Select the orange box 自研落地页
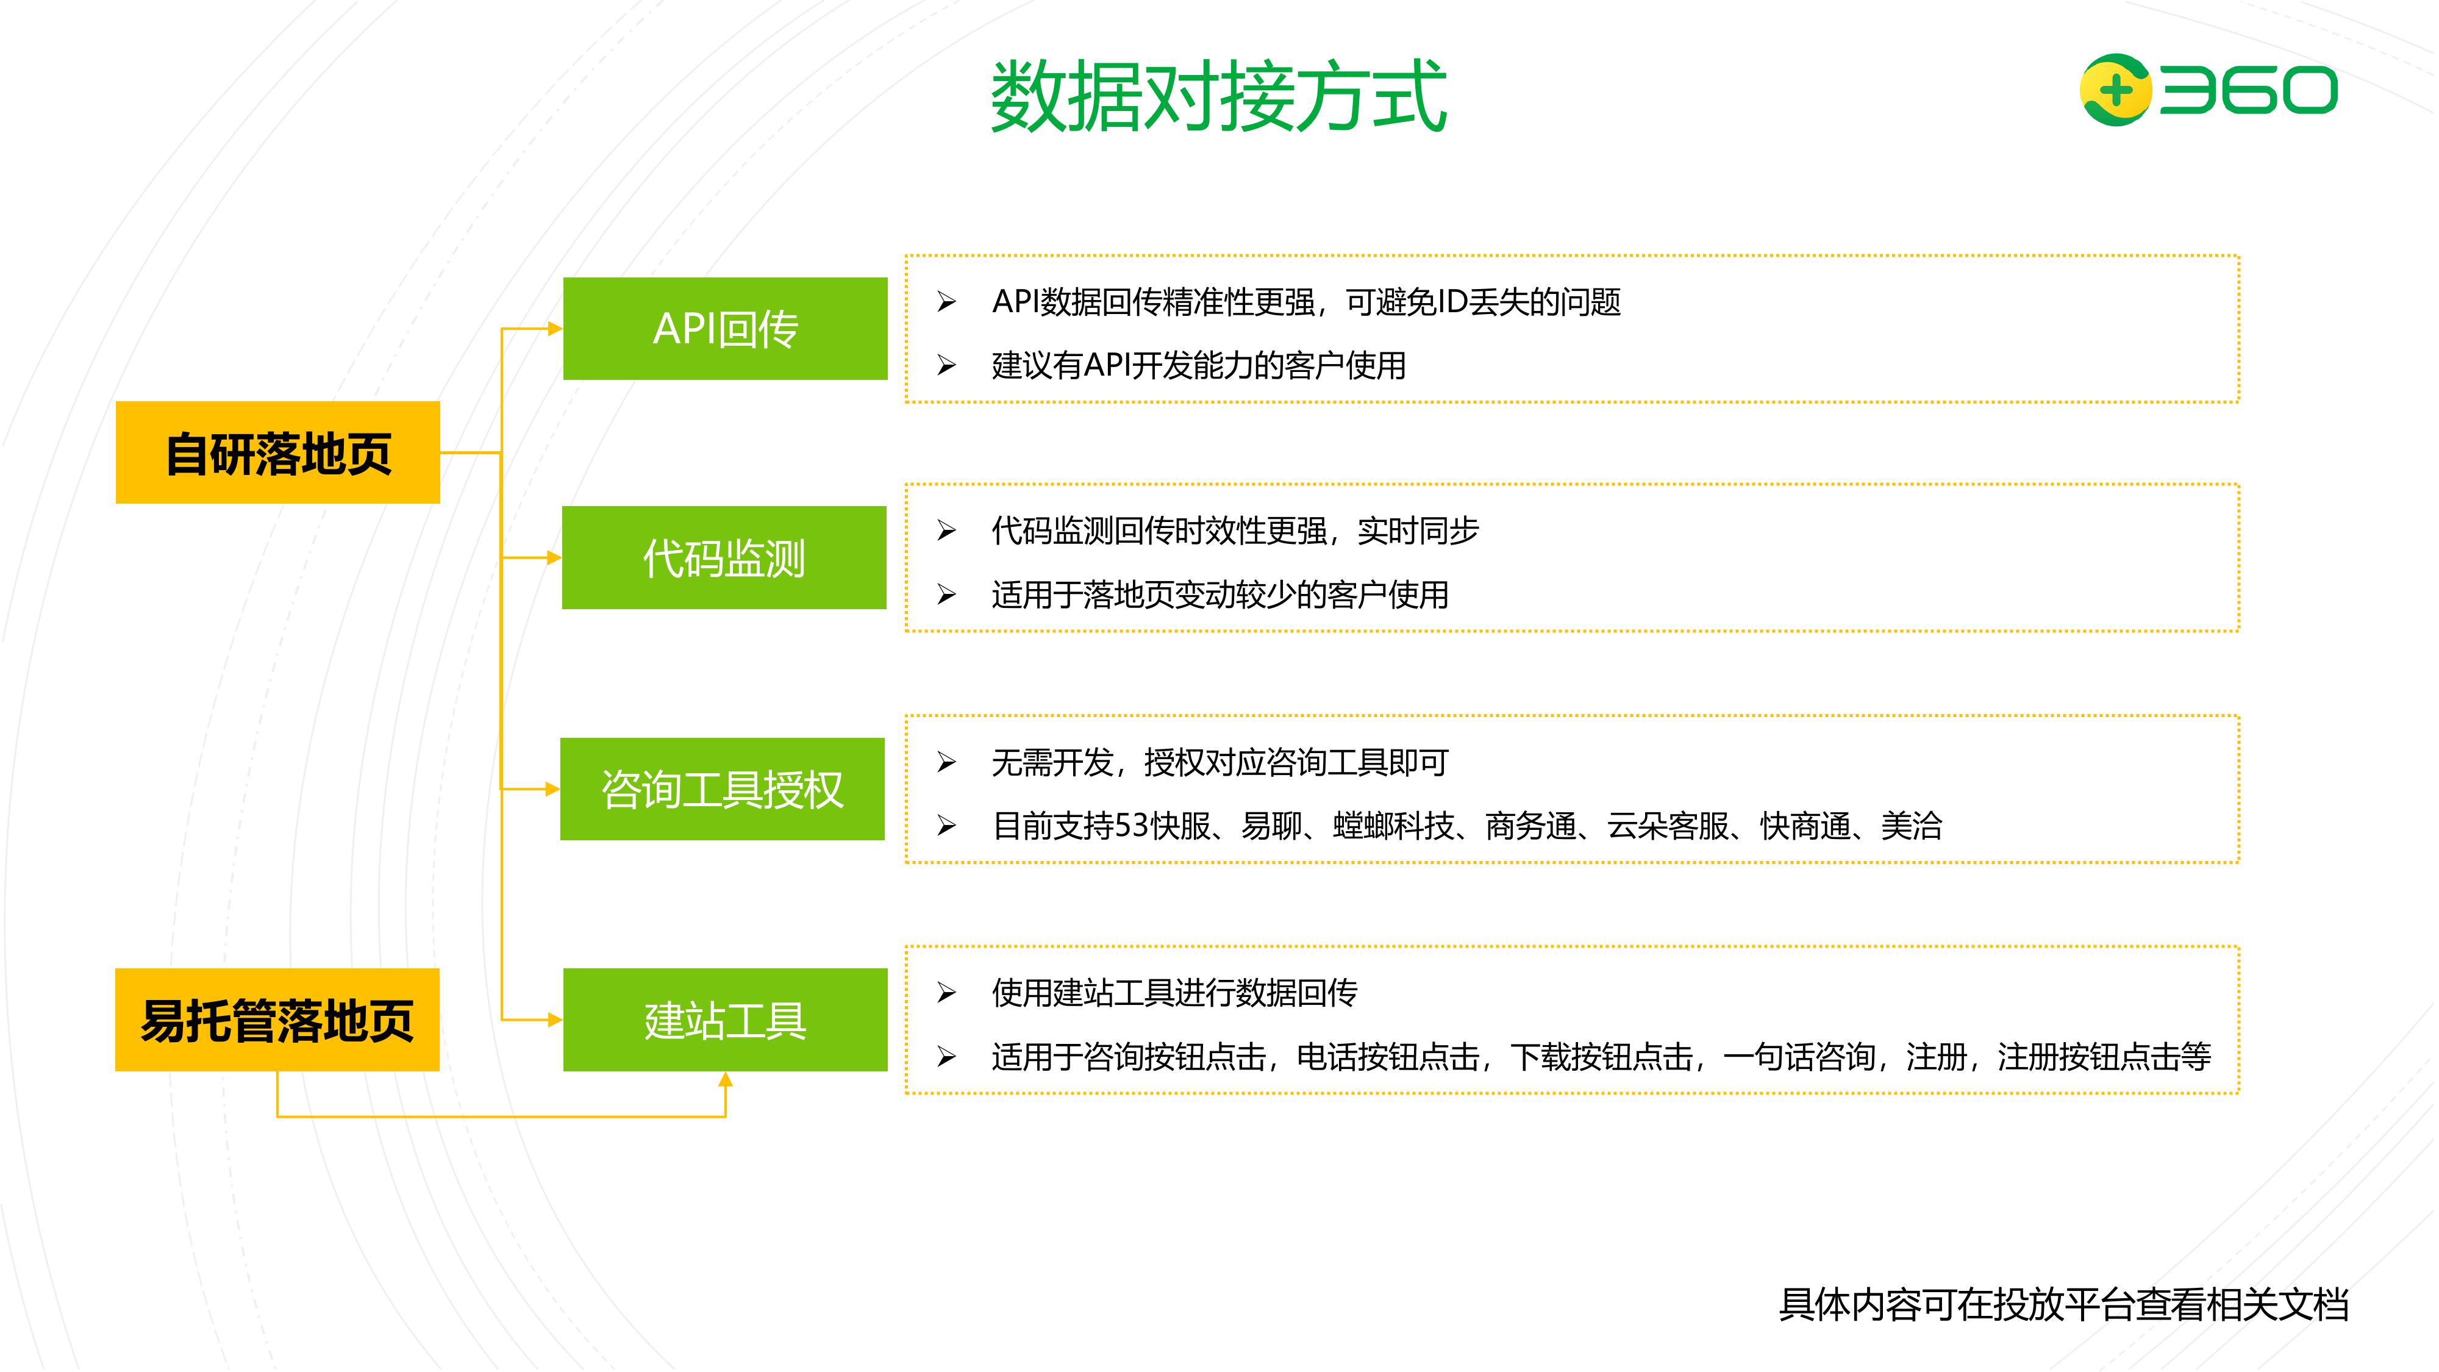(x=277, y=452)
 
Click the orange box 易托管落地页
(x=277, y=1020)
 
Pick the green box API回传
(x=725, y=329)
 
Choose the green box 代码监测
(x=724, y=558)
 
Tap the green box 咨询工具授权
(x=723, y=788)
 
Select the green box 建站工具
(x=725, y=1020)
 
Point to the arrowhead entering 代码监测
(x=554, y=558)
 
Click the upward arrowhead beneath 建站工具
(x=725, y=1081)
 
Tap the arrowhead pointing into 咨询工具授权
(x=552, y=788)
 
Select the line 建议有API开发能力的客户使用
(x=1199, y=365)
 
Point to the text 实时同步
(x=1418, y=531)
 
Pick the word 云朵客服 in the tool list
(x=1668, y=826)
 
